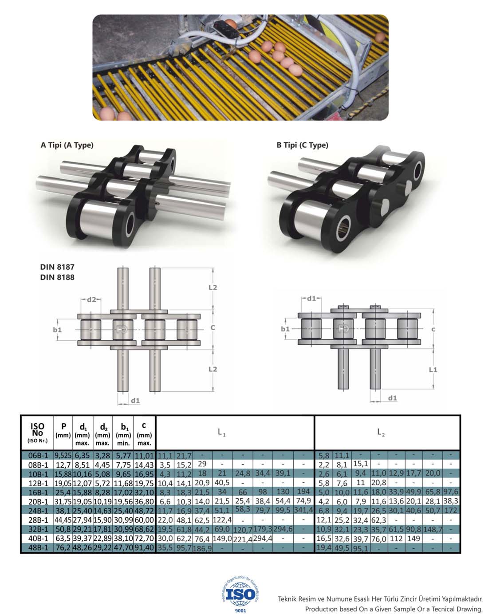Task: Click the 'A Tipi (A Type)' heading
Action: pyautogui.click(x=67, y=145)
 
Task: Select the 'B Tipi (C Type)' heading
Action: pyautogui.click(x=302, y=145)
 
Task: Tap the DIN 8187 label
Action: pyautogui.click(x=57, y=267)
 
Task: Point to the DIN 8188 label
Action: pyautogui.click(x=57, y=277)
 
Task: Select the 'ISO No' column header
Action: pyautogui.click(x=37, y=433)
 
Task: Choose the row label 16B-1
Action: pyautogui.click(x=37, y=492)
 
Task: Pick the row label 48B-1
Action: pyautogui.click(x=37, y=548)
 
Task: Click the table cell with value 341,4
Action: pyautogui.click(x=304, y=510)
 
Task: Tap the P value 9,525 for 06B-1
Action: pyautogui.click(x=63, y=456)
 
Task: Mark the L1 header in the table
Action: pyautogui.click(x=222, y=432)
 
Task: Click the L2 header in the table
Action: pyautogui.click(x=381, y=432)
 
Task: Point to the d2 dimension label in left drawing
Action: pyautogui.click(x=91, y=299)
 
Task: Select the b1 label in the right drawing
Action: pyautogui.click(x=285, y=329)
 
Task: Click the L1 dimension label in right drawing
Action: pyautogui.click(x=433, y=369)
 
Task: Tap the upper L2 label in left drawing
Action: pyautogui.click(x=213, y=287)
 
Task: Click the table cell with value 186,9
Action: pyautogui.click(x=202, y=548)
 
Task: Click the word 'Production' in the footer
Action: pyautogui.click(x=322, y=609)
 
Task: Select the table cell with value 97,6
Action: pyautogui.click(x=451, y=492)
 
